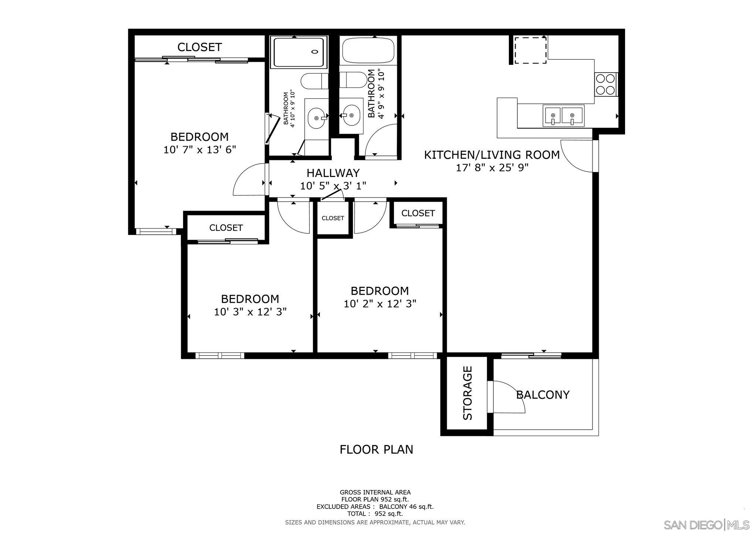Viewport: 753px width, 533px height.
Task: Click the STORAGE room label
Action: [x=468, y=393]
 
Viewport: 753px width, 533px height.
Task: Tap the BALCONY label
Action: [x=543, y=395]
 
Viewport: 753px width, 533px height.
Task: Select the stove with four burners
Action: [x=605, y=85]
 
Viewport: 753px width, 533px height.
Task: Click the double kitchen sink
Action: [x=563, y=115]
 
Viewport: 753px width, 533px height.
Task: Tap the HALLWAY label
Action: [x=333, y=173]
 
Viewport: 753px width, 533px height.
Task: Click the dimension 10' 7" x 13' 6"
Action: [x=200, y=150]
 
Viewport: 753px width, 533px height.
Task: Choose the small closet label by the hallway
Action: [x=333, y=218]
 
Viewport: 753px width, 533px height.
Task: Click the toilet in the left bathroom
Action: [x=314, y=81]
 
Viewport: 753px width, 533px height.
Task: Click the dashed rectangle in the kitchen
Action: [x=530, y=50]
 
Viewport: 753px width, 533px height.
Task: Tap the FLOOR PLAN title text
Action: [x=376, y=449]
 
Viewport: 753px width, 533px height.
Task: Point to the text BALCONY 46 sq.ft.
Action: [x=406, y=507]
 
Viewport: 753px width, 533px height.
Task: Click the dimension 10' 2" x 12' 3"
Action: [x=380, y=304]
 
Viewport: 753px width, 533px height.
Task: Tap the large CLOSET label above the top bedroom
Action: [x=199, y=47]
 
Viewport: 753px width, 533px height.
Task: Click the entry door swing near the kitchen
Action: [x=577, y=155]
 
